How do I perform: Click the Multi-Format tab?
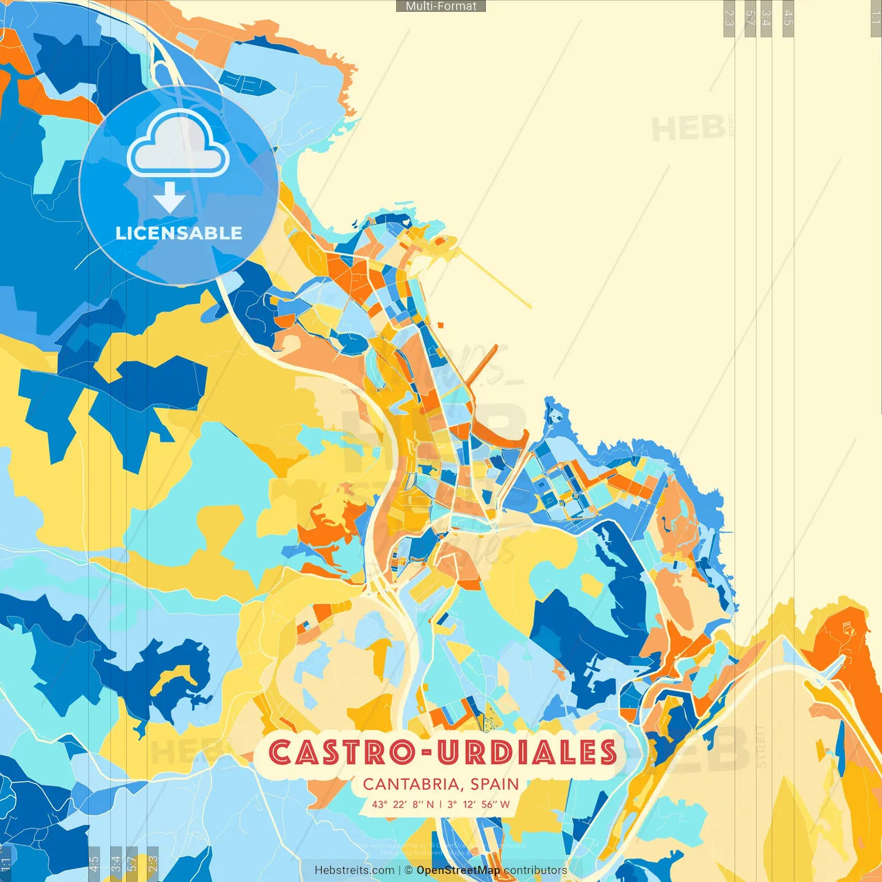point(441,6)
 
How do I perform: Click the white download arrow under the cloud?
point(170,198)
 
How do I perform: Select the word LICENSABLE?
point(178,233)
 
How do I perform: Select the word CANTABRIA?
point(411,784)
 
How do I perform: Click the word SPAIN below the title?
point(495,784)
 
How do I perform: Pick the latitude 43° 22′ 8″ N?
point(403,804)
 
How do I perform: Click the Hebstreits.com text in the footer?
point(354,870)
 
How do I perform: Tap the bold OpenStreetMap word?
point(458,870)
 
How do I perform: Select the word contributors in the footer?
point(535,870)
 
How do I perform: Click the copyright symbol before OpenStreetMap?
point(409,870)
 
